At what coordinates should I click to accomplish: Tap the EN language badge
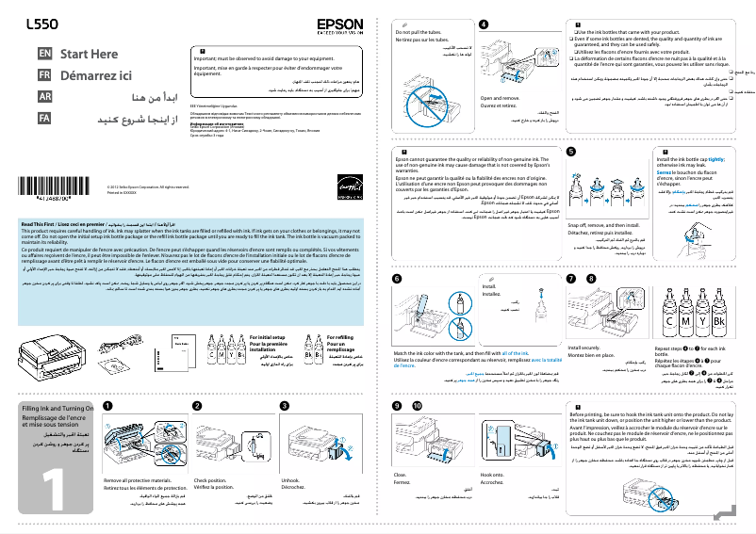click(44, 55)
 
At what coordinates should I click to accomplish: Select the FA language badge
click(44, 118)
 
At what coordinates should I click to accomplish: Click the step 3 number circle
click(284, 405)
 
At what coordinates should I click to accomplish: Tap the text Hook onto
click(491, 474)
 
